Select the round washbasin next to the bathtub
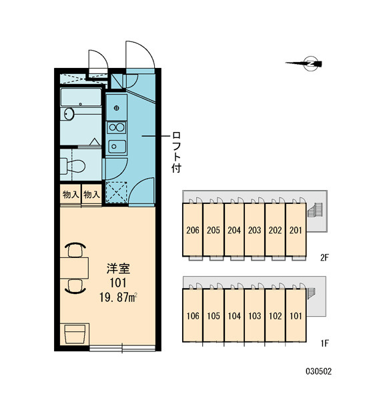click(69, 114)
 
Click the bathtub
click(81, 97)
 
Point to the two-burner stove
click(116, 127)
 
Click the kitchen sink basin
click(117, 146)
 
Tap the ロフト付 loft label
click(176, 152)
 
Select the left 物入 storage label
click(71, 195)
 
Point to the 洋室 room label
click(118, 269)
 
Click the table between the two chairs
click(74, 268)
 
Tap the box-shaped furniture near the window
click(75, 334)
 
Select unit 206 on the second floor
click(193, 230)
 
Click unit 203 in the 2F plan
click(255, 230)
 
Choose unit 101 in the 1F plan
click(296, 315)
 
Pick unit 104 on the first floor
click(234, 315)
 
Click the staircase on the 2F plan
click(316, 210)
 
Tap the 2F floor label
click(324, 258)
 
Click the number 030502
click(319, 371)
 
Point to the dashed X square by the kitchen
click(117, 192)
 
